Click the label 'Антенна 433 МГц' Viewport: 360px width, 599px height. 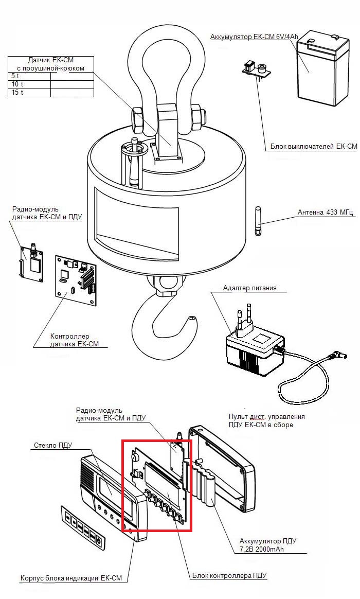tap(326, 212)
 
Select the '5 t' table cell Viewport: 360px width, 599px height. tap(29, 76)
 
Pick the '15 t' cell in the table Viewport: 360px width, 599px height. tap(29, 93)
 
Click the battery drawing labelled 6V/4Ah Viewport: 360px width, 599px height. tap(323, 71)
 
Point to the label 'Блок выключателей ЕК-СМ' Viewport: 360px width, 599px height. tap(314, 146)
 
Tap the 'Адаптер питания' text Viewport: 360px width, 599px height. tap(249, 288)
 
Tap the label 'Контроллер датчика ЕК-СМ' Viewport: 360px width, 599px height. tap(75, 340)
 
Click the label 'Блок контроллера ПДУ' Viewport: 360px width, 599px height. tap(229, 575)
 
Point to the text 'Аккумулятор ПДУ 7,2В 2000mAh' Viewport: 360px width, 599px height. tap(268, 545)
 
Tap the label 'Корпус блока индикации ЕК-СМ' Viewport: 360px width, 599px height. tap(71, 578)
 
